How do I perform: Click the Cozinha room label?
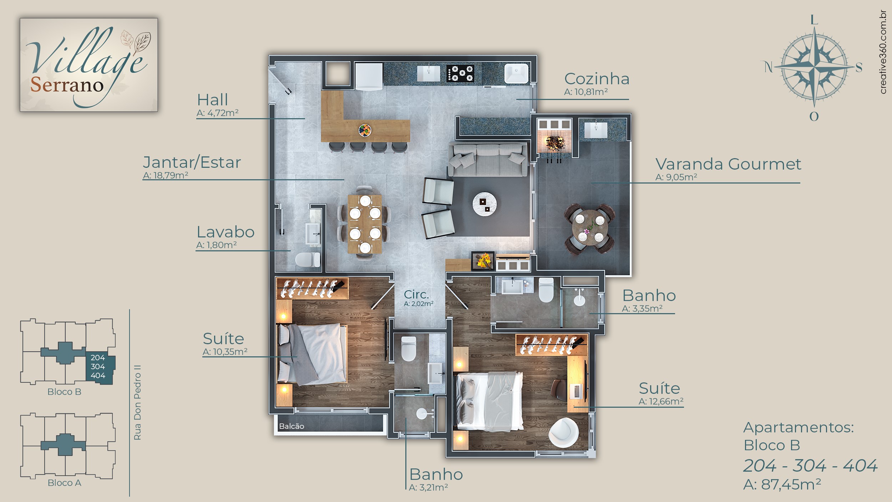pyautogui.click(x=597, y=79)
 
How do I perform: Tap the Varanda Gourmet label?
pyautogui.click(x=728, y=164)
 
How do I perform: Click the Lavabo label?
pyautogui.click(x=225, y=232)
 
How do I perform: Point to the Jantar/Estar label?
pyautogui.click(x=192, y=163)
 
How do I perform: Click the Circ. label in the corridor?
pyautogui.click(x=416, y=295)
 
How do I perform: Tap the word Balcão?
pyautogui.click(x=292, y=426)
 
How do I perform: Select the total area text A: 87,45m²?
pyautogui.click(x=782, y=485)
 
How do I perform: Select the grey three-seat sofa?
pyautogui.click(x=488, y=160)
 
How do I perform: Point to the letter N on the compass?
pyautogui.click(x=769, y=67)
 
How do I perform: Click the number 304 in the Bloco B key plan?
pyautogui.click(x=98, y=367)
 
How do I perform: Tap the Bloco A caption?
pyautogui.click(x=64, y=483)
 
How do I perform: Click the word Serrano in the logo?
pyautogui.click(x=67, y=85)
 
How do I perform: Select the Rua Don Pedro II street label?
pyautogui.click(x=137, y=402)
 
